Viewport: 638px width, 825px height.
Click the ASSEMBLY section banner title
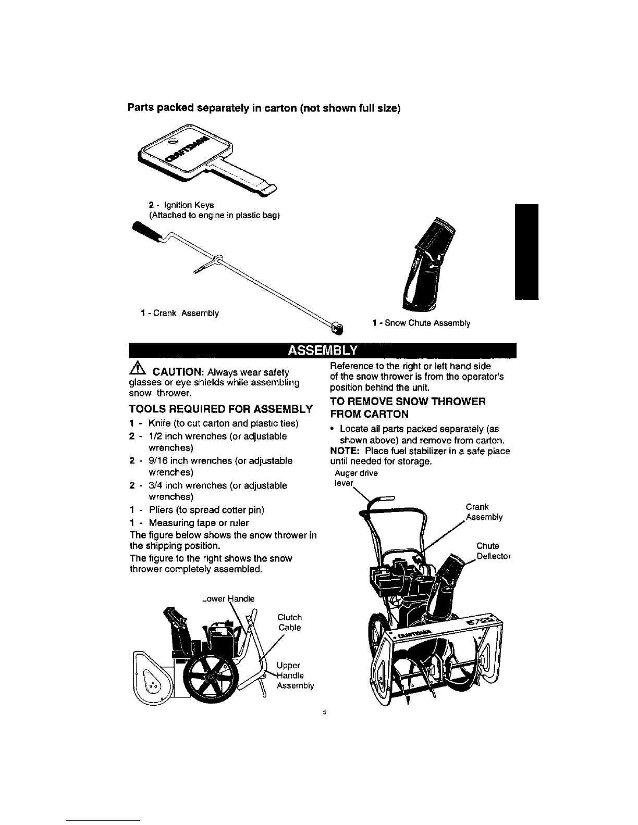pos(322,350)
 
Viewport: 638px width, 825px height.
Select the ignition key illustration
pos(207,160)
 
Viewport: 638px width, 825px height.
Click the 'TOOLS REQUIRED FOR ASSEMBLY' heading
pos(221,409)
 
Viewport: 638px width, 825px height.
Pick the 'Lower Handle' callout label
pos(228,599)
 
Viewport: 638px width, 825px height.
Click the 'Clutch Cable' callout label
pos(290,622)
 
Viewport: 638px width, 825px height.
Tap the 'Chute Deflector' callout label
pos(493,551)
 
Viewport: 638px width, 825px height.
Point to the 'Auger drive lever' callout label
pos(356,478)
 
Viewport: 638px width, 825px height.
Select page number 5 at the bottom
pos(325,712)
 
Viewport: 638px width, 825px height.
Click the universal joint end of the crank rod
pos(337,328)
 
